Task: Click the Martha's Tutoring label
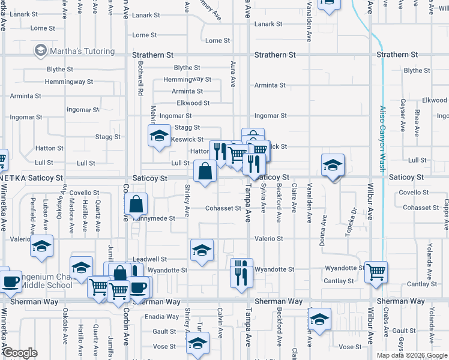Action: click(82, 51)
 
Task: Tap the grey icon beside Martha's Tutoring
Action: click(41, 50)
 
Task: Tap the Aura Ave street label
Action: click(232, 72)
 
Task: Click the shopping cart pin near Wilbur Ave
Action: click(376, 272)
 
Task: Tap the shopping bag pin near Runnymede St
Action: click(137, 204)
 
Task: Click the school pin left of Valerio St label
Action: click(41, 246)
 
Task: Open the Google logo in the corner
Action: click(20, 353)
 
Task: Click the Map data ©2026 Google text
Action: click(412, 355)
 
